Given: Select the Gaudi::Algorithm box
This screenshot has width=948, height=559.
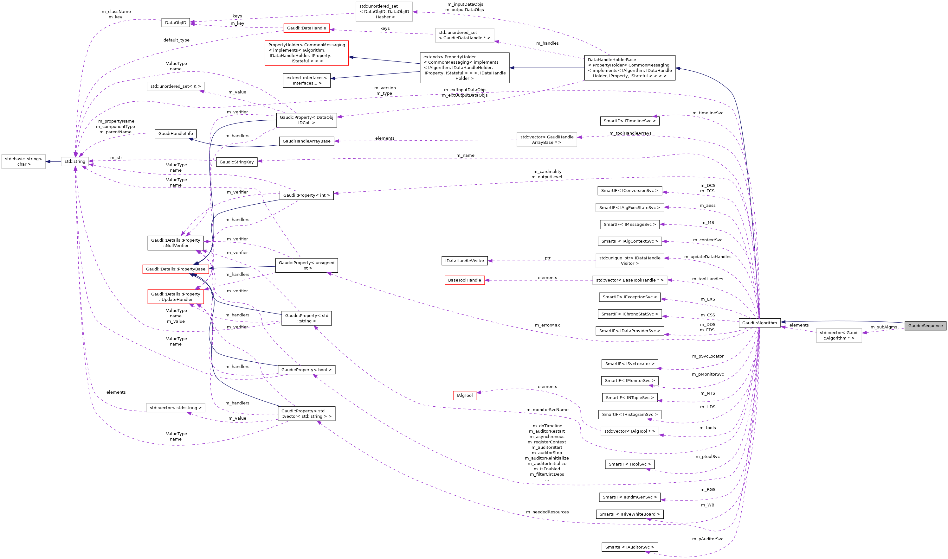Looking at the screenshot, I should tap(759, 323).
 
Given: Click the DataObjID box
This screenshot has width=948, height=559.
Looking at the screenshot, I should tap(175, 22).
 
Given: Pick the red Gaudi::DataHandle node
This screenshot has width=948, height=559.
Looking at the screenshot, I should tap(306, 28).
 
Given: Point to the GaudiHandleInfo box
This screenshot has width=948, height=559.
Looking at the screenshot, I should tap(175, 134).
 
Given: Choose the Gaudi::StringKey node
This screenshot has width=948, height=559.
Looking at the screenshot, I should tap(236, 162).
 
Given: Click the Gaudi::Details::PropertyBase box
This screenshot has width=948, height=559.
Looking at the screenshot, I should tap(175, 269).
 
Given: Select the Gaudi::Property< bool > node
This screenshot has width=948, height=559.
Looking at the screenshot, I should tap(306, 370).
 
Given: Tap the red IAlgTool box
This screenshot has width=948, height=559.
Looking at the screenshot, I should tap(464, 396).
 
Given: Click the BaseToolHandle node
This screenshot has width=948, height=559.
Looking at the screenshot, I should tap(464, 280).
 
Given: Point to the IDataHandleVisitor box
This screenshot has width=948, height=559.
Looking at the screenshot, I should tap(464, 261).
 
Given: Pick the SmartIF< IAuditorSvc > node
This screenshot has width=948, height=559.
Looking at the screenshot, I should tap(629, 547).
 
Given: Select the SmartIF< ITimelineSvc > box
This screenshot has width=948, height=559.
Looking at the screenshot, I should tap(629, 121).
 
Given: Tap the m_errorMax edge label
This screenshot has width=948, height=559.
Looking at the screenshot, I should tap(547, 325).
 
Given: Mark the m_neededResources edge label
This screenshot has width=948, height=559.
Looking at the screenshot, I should tap(547, 512).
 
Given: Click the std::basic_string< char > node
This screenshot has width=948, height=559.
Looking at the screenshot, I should tap(23, 162).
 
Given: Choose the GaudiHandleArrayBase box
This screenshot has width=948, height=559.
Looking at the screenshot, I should tap(306, 141).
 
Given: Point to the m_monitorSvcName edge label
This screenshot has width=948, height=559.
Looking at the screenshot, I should tap(547, 410).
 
